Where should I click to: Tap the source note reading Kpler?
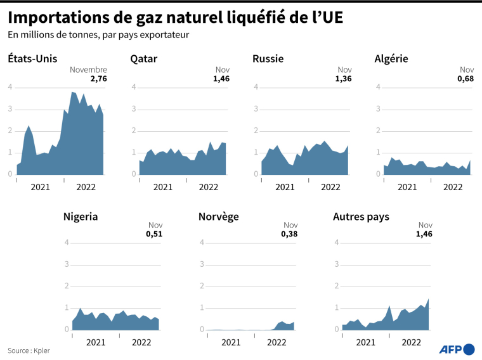(x=29, y=350)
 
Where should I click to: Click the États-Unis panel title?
(x=32, y=59)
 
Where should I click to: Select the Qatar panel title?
(x=144, y=59)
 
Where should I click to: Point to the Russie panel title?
(x=268, y=59)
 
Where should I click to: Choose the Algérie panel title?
(x=391, y=59)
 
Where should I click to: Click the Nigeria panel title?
(x=81, y=217)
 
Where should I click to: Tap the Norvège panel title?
(x=219, y=217)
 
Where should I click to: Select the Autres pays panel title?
(x=361, y=217)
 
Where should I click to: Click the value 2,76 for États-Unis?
(x=98, y=79)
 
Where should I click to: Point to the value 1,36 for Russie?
(x=342, y=79)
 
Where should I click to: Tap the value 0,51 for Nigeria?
(x=155, y=235)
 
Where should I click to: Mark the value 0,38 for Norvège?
(x=289, y=235)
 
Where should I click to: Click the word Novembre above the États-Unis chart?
(x=88, y=70)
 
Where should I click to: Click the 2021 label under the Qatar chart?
(x=162, y=187)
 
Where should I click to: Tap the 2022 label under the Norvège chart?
(x=277, y=343)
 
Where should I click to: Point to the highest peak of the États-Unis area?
(x=73, y=92)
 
